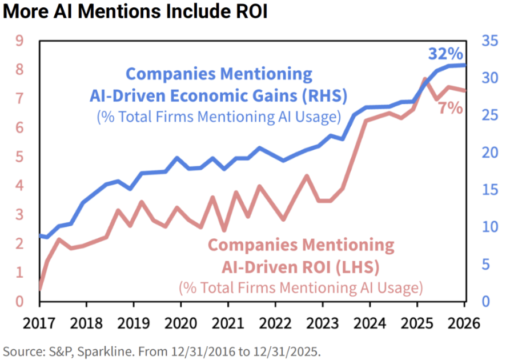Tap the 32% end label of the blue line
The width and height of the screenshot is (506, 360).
tap(445, 54)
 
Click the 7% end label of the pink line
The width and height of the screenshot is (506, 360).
tap(451, 107)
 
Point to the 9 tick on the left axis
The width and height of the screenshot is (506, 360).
tap(19, 41)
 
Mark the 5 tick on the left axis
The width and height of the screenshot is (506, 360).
tap(19, 157)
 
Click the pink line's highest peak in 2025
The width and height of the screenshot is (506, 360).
tap(425, 79)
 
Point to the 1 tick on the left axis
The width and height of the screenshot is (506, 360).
tap(19, 273)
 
